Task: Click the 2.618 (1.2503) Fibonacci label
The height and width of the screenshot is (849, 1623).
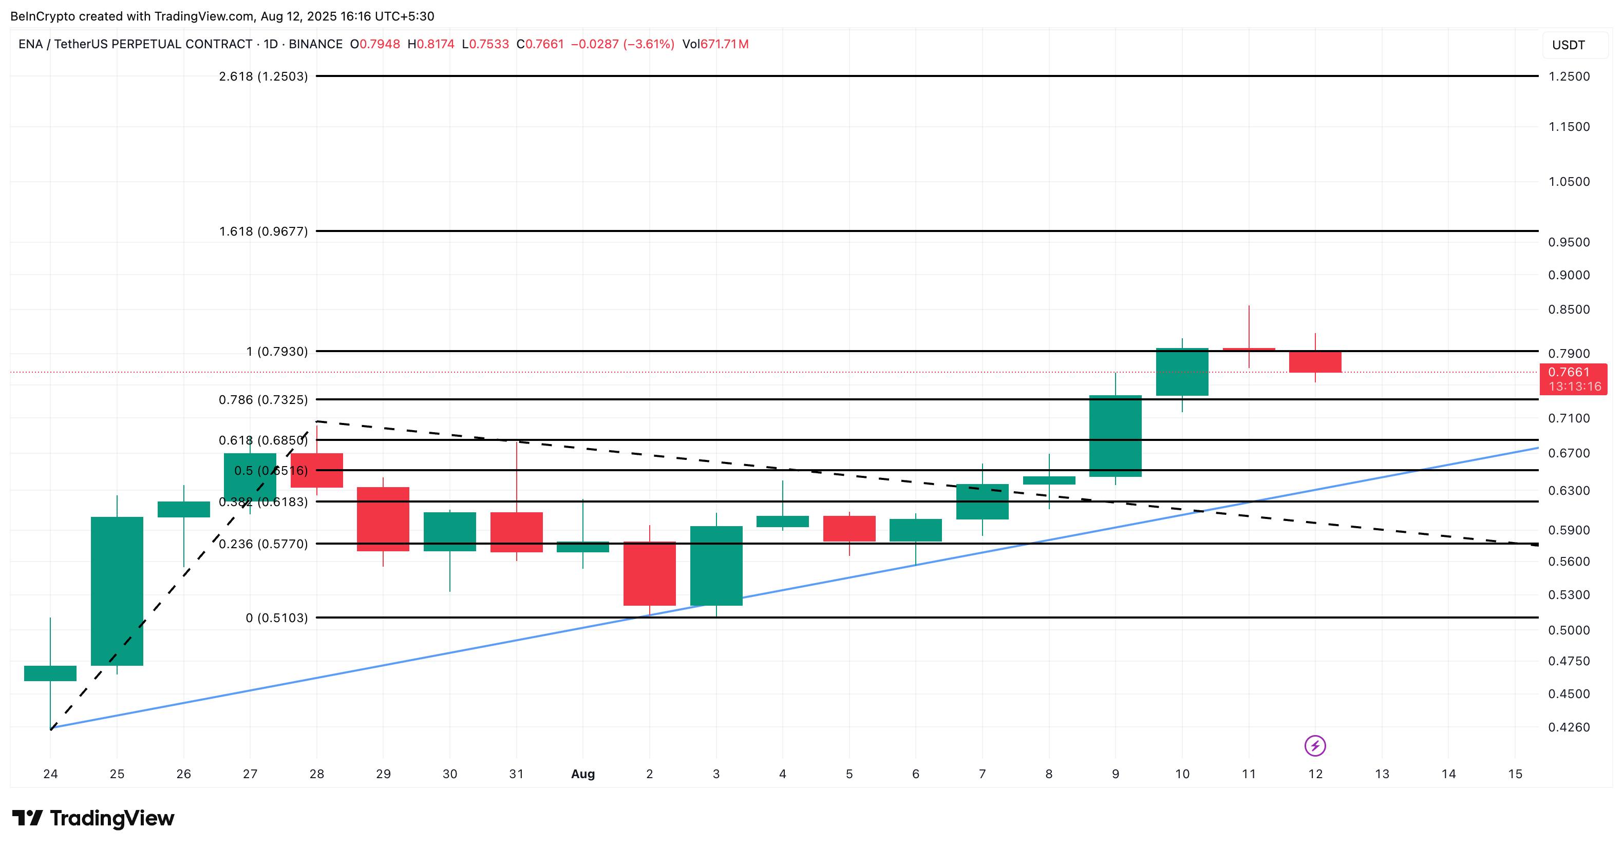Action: (263, 76)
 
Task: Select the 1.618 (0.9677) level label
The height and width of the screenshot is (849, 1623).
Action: (263, 231)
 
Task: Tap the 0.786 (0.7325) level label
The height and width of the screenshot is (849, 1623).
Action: (263, 400)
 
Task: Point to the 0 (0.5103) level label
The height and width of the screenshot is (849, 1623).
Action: (277, 618)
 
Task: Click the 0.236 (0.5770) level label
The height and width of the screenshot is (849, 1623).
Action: (263, 544)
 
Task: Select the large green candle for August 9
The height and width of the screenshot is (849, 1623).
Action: (1115, 436)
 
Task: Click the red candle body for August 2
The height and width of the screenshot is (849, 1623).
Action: (650, 573)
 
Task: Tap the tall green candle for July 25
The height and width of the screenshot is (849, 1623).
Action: (117, 591)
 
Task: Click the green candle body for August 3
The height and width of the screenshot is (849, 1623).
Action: (716, 566)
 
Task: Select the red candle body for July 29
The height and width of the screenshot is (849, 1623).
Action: (383, 519)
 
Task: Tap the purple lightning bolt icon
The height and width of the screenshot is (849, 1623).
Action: (1315, 746)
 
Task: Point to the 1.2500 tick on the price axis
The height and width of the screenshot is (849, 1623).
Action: (1569, 76)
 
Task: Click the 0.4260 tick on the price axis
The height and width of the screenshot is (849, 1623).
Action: (1569, 727)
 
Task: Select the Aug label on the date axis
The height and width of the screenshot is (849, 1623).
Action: (583, 774)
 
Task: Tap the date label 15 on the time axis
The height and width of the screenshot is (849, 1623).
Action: (1515, 774)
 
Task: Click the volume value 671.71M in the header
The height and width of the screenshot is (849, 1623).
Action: (725, 44)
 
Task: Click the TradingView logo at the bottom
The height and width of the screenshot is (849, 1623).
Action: (93, 818)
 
